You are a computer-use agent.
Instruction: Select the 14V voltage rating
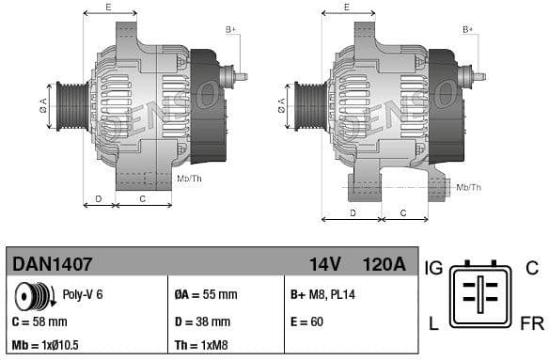[324, 265]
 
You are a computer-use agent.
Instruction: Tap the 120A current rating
[384, 265]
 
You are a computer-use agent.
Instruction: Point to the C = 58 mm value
[43, 321]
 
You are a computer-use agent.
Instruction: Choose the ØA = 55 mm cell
[206, 295]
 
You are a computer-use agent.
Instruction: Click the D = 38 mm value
[204, 321]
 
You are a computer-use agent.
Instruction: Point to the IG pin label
[433, 268]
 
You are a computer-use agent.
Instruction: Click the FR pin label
[531, 324]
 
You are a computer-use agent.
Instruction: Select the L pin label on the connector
[433, 324]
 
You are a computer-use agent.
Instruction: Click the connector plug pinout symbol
[480, 295]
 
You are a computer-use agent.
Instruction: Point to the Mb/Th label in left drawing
[190, 179]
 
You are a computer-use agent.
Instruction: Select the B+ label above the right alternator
[467, 30]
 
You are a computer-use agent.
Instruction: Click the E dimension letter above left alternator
[108, 8]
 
